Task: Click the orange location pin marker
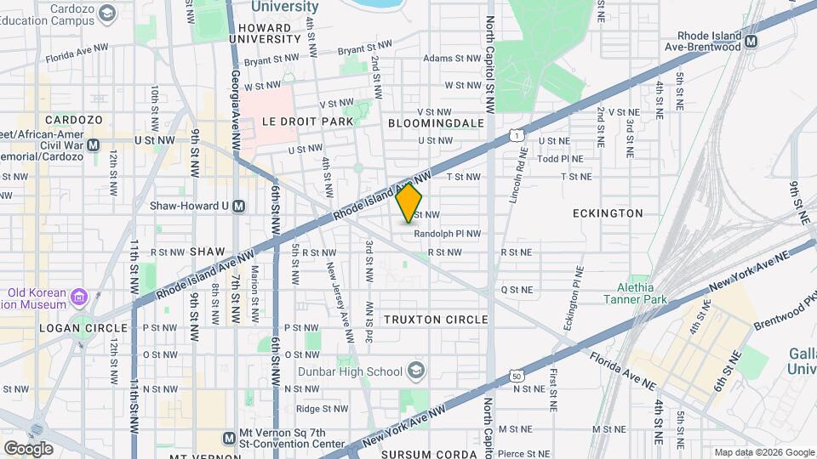tap(409, 202)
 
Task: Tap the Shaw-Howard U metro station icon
tap(239, 206)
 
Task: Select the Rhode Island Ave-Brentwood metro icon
tap(751, 40)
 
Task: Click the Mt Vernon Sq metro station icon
tap(229, 438)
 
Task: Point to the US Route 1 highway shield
tap(516, 135)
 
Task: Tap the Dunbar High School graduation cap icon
tap(415, 371)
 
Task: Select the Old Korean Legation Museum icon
tap(79, 297)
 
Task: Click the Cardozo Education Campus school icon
tap(106, 13)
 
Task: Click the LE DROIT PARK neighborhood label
tap(295, 122)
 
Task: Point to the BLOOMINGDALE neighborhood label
tap(436, 123)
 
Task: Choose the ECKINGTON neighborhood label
tap(608, 213)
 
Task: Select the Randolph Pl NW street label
tap(448, 234)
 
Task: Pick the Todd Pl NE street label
tap(560, 158)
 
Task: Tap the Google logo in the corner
tap(28, 448)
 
